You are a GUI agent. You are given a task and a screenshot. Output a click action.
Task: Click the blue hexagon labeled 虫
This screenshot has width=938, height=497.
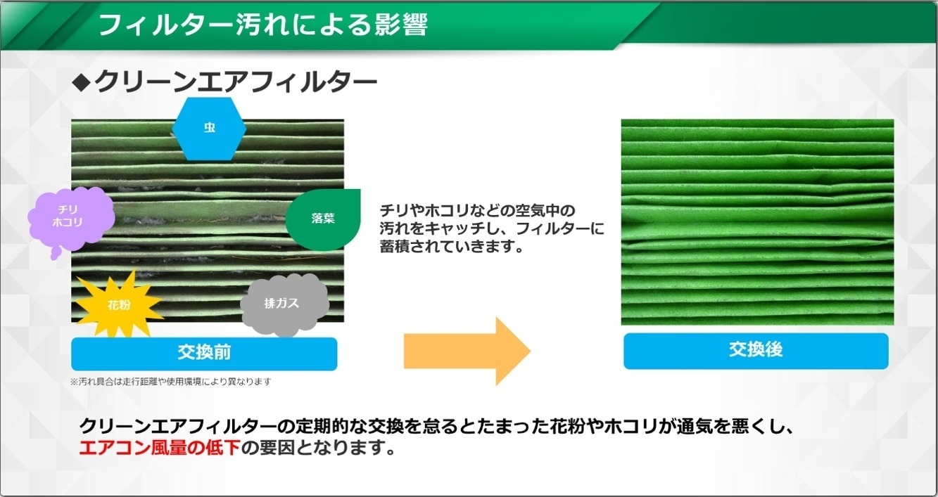(209, 129)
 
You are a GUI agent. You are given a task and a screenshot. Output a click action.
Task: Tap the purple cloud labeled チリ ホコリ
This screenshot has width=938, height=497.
(70, 219)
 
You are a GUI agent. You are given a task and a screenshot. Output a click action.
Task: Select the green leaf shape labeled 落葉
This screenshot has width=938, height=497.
(322, 219)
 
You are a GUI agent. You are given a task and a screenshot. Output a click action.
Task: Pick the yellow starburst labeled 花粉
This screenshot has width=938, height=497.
(118, 304)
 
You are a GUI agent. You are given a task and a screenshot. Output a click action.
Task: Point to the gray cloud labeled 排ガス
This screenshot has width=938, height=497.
(283, 304)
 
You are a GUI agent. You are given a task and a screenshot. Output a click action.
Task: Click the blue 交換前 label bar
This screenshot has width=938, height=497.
(204, 354)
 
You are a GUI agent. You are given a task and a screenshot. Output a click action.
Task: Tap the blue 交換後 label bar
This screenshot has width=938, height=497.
(756, 351)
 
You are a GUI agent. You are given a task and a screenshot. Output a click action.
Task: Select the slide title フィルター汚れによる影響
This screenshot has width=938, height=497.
(263, 25)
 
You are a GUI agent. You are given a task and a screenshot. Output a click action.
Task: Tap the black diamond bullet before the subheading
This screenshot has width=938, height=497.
(81, 82)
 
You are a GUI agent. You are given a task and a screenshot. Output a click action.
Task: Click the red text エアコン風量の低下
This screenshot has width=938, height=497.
(160, 448)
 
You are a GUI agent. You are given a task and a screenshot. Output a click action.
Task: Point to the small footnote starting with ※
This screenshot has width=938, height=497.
(171, 382)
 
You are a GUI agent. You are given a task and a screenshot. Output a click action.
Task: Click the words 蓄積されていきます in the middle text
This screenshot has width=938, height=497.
(452, 247)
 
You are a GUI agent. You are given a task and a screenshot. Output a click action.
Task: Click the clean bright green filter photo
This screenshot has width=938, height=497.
(757, 222)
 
